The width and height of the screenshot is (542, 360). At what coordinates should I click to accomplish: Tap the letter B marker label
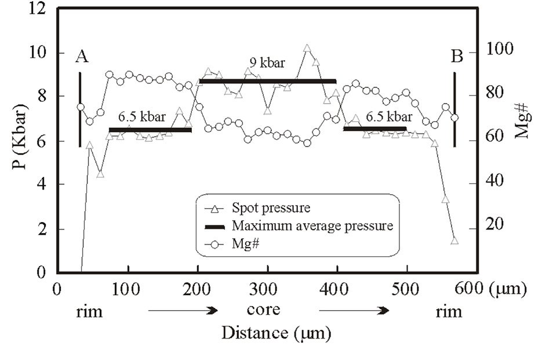click(457, 56)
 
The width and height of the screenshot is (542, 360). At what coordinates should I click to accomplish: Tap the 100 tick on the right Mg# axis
click(499, 51)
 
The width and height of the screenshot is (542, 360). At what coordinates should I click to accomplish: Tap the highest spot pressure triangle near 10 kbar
click(307, 48)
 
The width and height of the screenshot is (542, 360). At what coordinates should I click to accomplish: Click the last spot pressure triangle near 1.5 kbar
click(454, 240)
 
